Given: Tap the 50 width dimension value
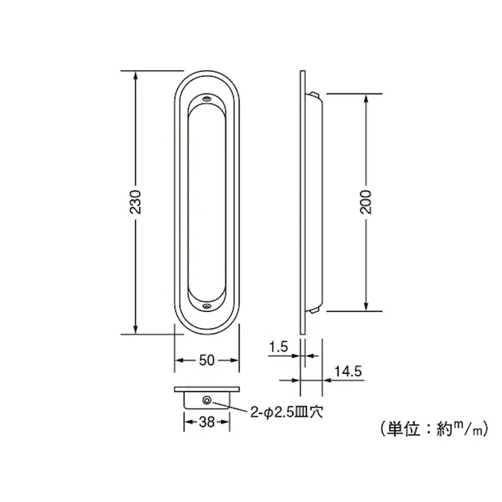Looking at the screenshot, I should [x=207, y=360].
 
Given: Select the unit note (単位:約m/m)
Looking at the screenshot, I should [x=427, y=427].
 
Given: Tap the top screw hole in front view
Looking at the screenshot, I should [x=207, y=101].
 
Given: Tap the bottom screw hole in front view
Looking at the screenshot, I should [x=207, y=305].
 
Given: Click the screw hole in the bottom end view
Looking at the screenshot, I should [x=208, y=400].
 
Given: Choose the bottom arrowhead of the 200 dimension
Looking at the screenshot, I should [x=365, y=306].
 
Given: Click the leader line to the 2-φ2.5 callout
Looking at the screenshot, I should [x=229, y=405].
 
